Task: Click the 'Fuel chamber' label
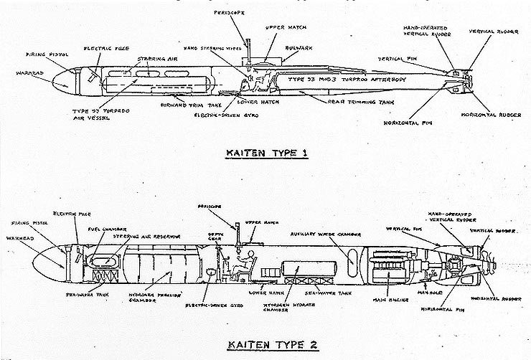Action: pyautogui.click(x=110, y=229)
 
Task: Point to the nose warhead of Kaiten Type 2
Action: pyautogui.click(x=52, y=263)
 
